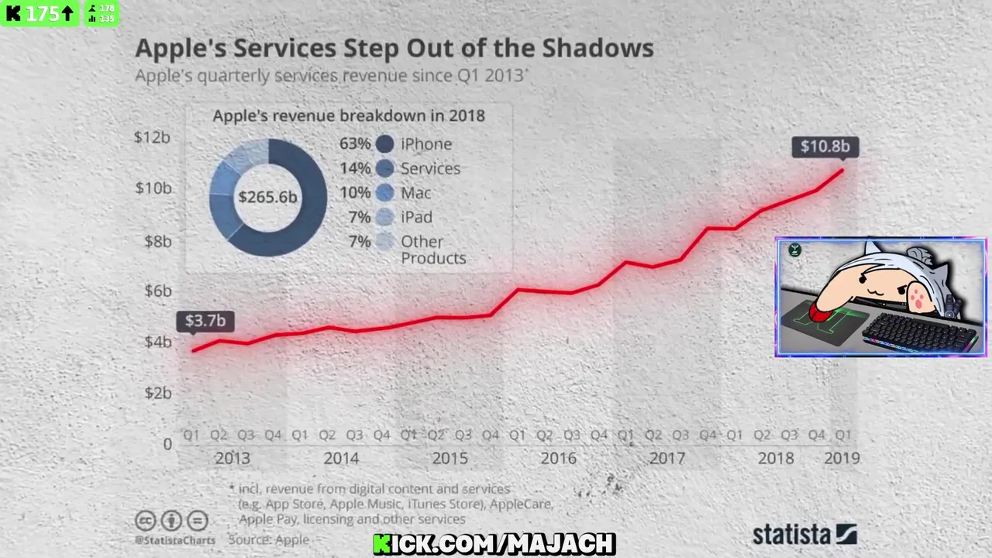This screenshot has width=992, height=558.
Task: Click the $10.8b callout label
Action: coord(825,146)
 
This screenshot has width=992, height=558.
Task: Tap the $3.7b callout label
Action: coord(205,321)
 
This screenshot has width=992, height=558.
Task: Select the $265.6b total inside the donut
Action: coord(267,197)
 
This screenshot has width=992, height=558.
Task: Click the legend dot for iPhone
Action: coord(384,144)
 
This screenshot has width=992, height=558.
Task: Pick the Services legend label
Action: coord(430,168)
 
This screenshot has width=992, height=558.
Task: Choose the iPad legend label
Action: coord(416,217)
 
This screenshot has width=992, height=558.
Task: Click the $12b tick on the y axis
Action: coord(152,137)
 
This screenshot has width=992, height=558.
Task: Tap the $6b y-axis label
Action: coord(158,291)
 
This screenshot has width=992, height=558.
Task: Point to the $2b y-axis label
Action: coord(158,393)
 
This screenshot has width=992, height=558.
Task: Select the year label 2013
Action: coord(232,458)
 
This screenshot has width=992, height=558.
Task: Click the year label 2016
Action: coord(558,458)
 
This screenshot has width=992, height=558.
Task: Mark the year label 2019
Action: coord(842,458)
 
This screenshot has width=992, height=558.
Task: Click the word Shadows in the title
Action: coord(598,48)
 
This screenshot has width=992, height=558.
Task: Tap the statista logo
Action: coord(804,534)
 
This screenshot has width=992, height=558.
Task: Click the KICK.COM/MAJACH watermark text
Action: coord(494,544)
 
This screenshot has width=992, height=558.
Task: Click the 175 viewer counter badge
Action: coord(40,13)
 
